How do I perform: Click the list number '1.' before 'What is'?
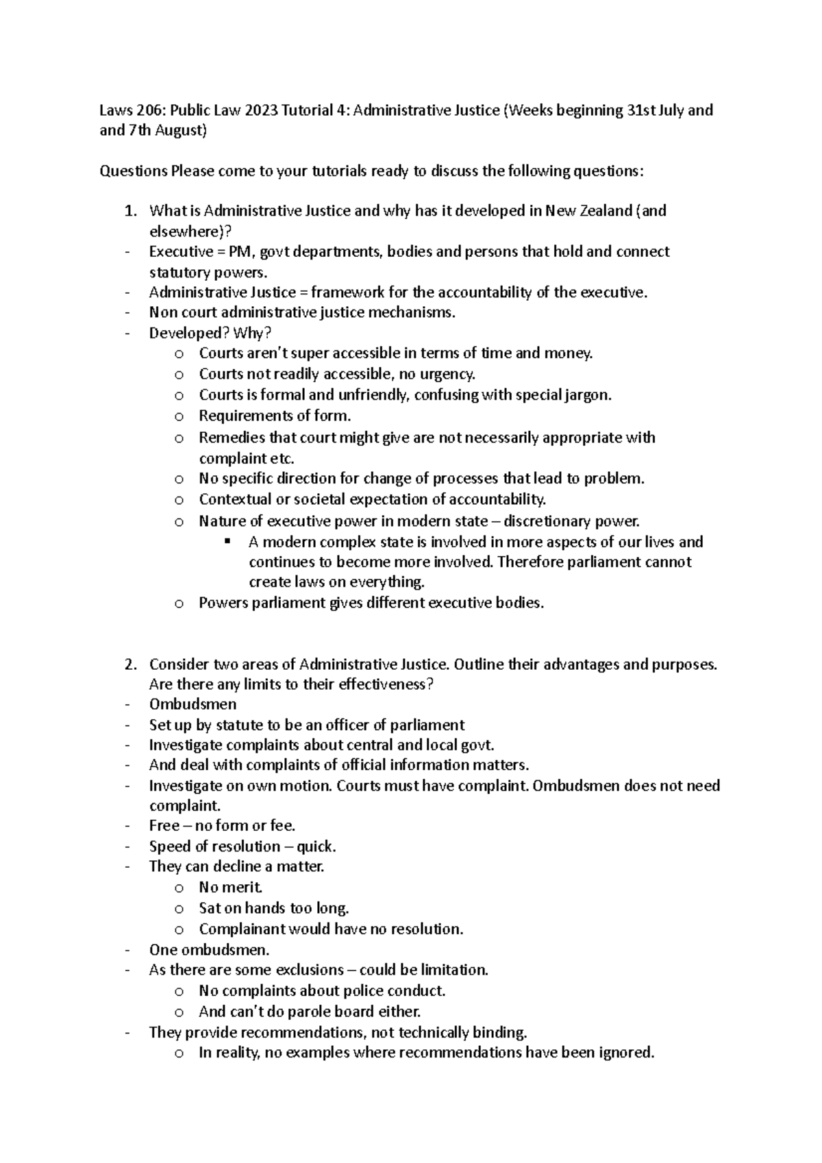pos(131,211)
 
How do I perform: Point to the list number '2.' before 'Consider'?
pos(131,664)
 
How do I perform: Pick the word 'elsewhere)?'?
pos(186,232)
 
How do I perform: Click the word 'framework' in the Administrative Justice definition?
pos(347,292)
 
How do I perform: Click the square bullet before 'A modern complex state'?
pos(228,542)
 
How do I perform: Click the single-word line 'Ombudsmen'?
pos(192,704)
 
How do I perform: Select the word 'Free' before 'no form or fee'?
pos(164,826)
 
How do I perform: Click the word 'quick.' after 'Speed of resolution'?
pos(316,847)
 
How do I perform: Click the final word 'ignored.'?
pos(627,1053)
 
